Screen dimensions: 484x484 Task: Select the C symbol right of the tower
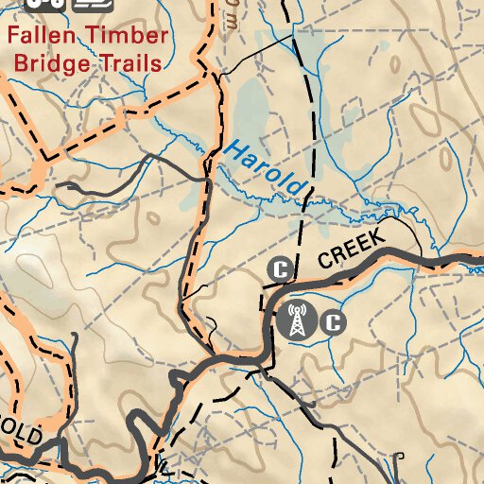point(333,322)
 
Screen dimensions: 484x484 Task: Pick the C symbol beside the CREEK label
point(279,269)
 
